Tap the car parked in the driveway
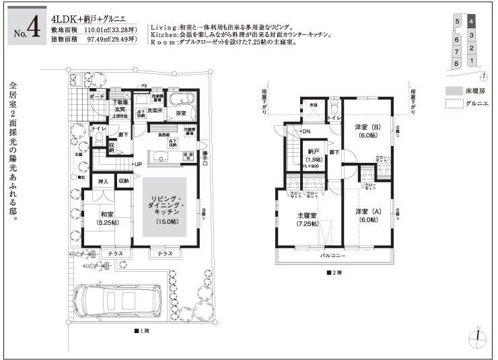[x=116, y=302]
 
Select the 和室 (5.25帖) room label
[x=108, y=218]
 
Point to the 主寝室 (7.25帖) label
[x=308, y=220]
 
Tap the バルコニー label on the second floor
[x=334, y=256]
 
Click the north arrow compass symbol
[x=477, y=336]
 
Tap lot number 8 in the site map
[x=458, y=63]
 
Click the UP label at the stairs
[x=138, y=164]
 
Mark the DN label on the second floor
[x=306, y=131]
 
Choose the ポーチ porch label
[x=96, y=96]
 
